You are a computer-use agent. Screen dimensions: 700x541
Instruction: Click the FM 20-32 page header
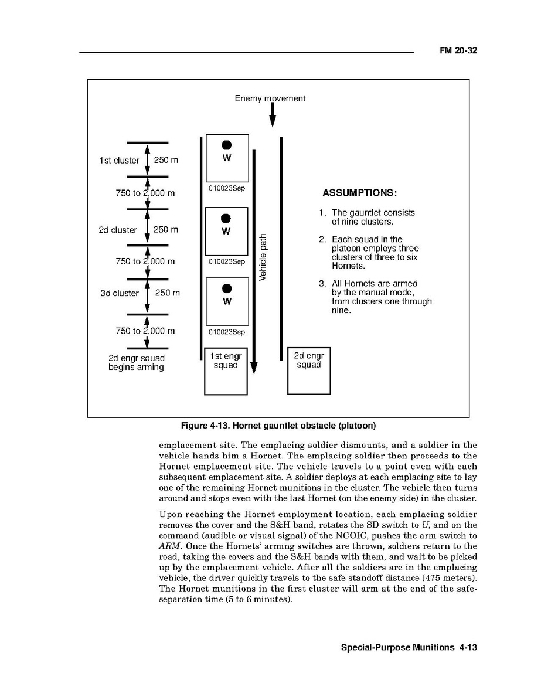click(458, 50)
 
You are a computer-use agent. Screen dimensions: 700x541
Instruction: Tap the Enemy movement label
click(270, 98)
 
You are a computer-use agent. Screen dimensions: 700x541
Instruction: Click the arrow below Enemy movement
click(273, 116)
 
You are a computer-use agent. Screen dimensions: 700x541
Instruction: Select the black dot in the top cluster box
click(227, 145)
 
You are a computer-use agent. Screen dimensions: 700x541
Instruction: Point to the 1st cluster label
click(119, 161)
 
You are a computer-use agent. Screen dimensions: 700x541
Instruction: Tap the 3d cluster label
click(119, 293)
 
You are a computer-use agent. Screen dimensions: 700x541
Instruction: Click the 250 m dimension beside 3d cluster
click(167, 293)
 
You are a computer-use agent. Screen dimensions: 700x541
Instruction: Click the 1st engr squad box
click(226, 371)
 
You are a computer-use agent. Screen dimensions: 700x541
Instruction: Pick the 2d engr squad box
click(309, 371)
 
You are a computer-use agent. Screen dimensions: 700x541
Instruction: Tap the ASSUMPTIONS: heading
click(360, 193)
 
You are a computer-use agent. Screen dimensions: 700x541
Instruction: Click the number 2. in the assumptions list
click(322, 239)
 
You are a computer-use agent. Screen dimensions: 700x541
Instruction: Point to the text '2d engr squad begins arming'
click(136, 363)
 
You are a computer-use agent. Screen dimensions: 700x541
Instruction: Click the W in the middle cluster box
click(226, 231)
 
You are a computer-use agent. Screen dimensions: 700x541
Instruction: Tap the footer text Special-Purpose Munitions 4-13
click(409, 648)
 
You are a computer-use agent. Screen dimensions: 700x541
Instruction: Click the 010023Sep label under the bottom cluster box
click(226, 332)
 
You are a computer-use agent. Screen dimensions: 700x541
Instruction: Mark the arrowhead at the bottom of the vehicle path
click(254, 368)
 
